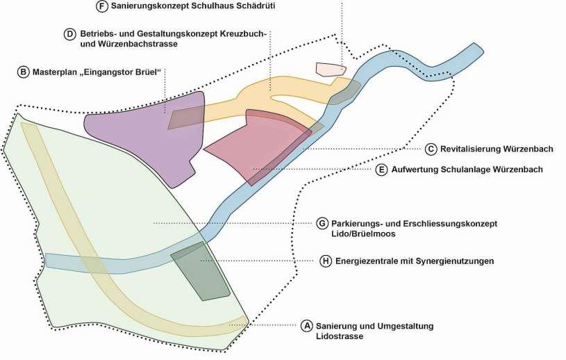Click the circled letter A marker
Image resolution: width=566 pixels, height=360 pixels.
pos(307,326)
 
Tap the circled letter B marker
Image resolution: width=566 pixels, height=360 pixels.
pos(24,72)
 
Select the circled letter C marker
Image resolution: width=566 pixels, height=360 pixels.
pos(431,149)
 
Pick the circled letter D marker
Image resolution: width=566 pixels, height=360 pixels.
pos(69,33)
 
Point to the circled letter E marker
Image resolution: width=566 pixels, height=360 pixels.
pos(381,169)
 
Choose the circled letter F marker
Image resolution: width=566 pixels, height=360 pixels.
pos(101,6)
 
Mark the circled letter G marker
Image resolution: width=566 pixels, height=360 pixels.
pos(322,223)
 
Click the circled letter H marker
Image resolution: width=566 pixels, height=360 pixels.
pos(326,261)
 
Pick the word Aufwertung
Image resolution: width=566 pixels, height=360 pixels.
pos(415,169)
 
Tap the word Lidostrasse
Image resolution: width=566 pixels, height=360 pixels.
pos(340,336)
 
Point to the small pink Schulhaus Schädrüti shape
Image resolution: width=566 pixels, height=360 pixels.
pos(330,69)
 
